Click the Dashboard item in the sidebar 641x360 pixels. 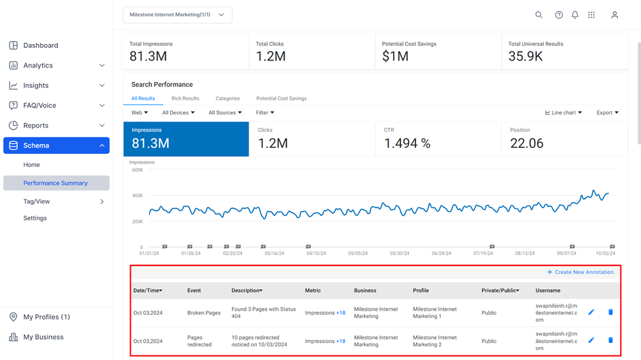tap(41, 45)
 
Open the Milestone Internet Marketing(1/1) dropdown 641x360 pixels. tap(178, 14)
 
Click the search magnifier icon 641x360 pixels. tap(539, 14)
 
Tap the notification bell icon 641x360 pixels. tap(575, 14)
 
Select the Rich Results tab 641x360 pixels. tap(185, 99)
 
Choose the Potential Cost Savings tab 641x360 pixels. tap(281, 99)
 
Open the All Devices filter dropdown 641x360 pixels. tap(178, 113)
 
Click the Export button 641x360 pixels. tap(607, 113)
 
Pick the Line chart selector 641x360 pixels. tap(563, 113)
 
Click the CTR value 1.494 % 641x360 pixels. tap(407, 143)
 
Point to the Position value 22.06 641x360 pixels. tap(527, 143)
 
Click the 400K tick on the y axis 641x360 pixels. tap(138, 196)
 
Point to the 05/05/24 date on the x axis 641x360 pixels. tap(358, 254)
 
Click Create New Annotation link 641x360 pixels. tap(581, 272)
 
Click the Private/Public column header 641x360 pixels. tap(500, 290)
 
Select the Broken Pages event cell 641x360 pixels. tap(204, 313)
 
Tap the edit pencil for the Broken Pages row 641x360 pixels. tap(591, 312)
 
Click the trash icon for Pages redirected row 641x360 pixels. tap(610, 340)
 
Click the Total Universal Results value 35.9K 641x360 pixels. tap(525, 56)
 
